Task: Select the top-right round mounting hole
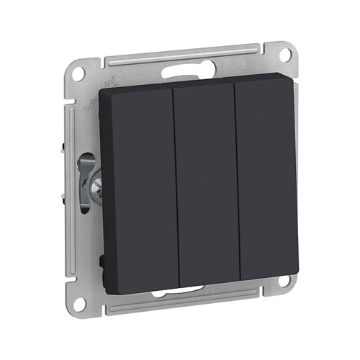286,54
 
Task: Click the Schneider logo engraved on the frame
95,100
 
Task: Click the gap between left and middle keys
175,187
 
